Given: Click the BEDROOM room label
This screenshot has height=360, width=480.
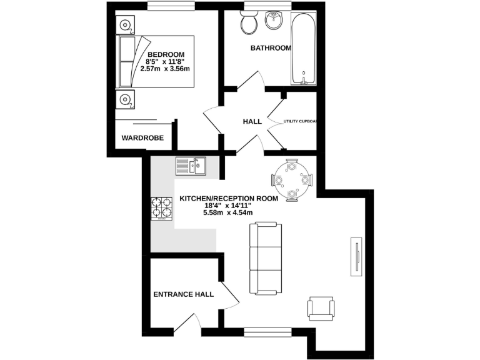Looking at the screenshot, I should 166,54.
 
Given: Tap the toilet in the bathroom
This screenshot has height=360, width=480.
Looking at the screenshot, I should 248,24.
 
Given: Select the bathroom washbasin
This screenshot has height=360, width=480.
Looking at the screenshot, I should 274,22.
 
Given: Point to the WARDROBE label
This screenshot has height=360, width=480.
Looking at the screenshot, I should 142,137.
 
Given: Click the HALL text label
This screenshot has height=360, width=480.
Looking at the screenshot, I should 252,121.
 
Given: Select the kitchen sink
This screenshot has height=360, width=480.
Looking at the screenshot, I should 191,165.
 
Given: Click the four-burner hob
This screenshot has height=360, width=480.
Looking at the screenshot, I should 161,208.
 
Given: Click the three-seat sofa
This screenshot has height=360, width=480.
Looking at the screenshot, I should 265,258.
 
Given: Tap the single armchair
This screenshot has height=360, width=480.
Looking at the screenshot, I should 321,308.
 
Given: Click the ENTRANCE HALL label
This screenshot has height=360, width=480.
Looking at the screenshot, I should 184,294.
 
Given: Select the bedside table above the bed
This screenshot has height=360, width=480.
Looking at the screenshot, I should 126,25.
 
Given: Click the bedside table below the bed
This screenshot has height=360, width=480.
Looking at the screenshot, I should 126,99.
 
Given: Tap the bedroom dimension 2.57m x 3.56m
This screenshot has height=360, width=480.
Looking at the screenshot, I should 166,69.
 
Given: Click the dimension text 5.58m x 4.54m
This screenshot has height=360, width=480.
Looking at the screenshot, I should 227,212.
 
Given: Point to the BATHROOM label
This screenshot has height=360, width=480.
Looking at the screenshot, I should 271,48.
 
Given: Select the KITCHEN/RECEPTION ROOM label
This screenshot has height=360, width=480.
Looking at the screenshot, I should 227,198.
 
